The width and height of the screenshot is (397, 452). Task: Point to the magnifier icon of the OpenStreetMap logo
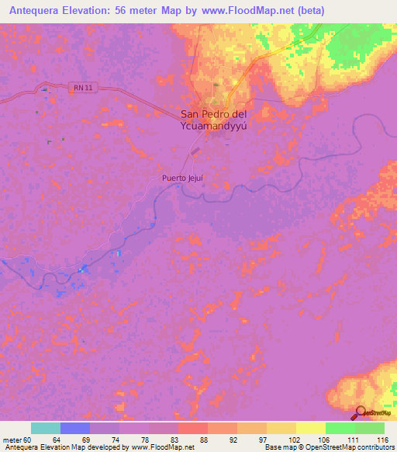click(361, 412)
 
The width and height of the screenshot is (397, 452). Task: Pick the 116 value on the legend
click(380, 439)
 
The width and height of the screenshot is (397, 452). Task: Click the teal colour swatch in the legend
click(46, 428)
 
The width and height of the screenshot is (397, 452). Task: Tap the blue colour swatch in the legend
click(75, 428)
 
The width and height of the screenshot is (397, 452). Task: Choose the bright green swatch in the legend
click(340, 428)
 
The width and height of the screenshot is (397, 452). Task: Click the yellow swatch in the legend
click(310, 428)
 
